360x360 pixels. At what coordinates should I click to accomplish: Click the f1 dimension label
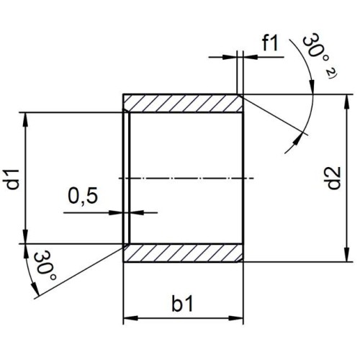click(x=270, y=43)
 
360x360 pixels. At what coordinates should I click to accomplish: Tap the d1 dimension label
click(x=12, y=179)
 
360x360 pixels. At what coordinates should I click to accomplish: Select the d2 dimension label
click(x=333, y=178)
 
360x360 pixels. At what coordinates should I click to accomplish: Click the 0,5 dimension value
click(x=83, y=196)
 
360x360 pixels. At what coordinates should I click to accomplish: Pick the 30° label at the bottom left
click(x=45, y=266)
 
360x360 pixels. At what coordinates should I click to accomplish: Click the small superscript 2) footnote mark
click(x=332, y=73)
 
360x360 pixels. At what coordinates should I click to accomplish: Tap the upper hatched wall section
click(x=184, y=103)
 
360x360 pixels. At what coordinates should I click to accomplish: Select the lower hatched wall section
click(x=184, y=253)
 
